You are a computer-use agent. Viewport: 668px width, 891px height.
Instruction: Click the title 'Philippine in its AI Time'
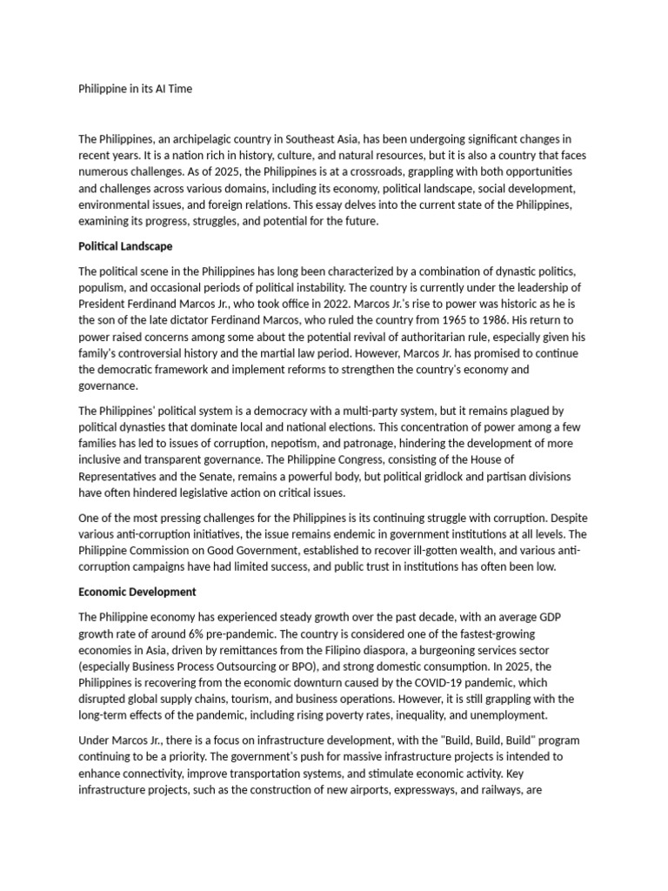tap(136, 90)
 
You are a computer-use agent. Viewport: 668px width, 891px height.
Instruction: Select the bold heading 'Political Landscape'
tap(125, 246)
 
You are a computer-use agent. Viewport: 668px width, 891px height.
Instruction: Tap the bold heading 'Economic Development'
tap(137, 592)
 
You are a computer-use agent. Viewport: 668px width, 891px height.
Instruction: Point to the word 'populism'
tap(105, 287)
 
